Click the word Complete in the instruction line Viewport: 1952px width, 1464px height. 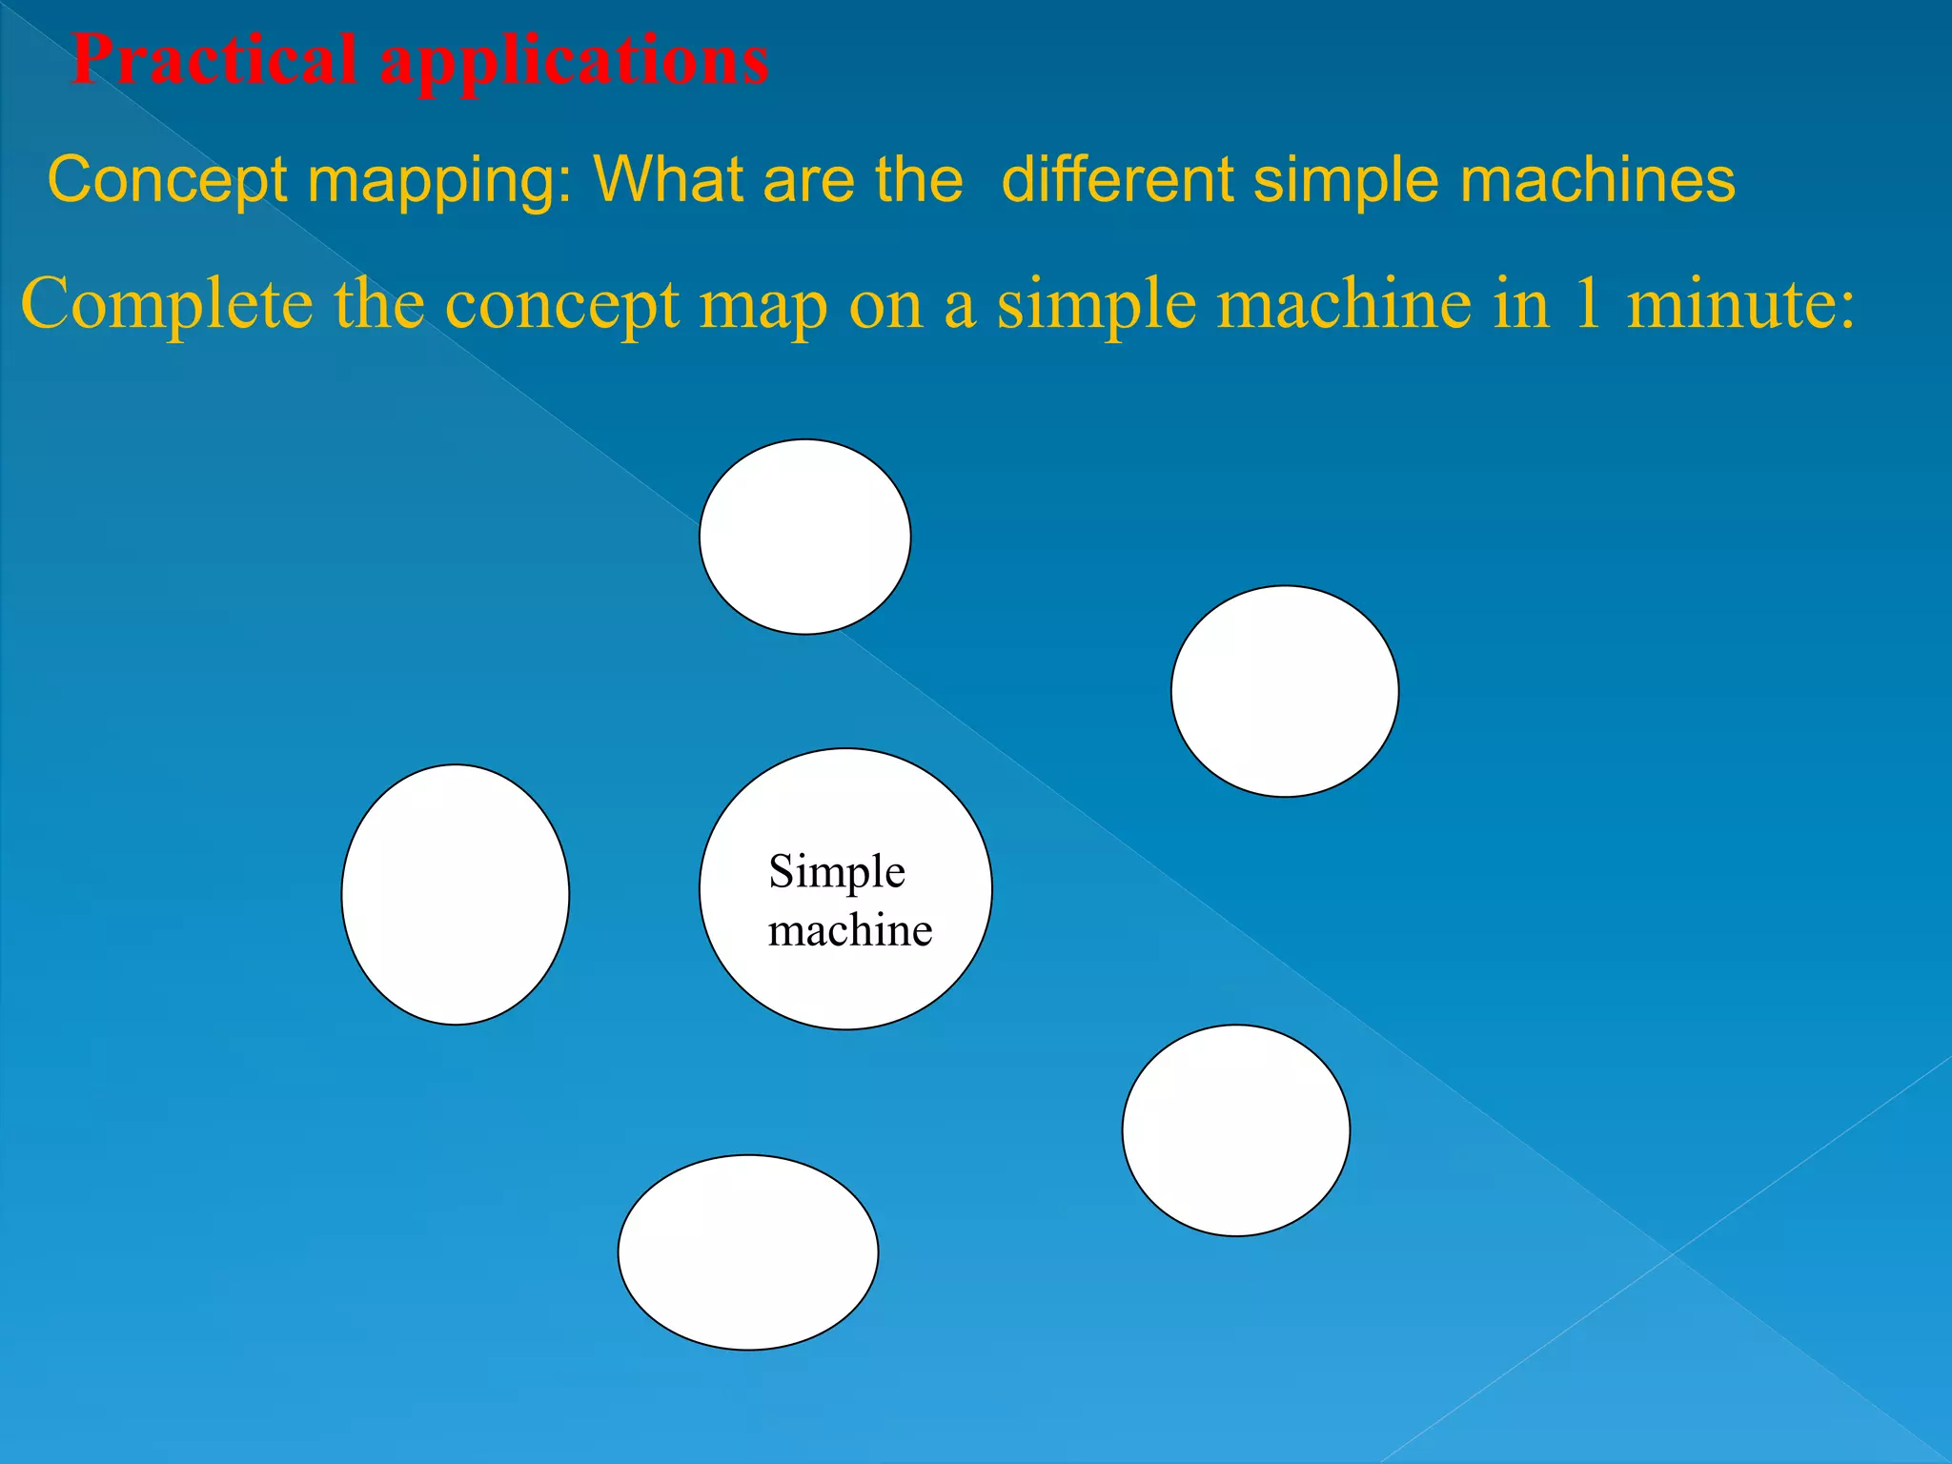[x=167, y=305]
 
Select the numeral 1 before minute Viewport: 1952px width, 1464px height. [x=1587, y=305]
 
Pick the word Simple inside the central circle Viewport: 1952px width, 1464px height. [x=837, y=871]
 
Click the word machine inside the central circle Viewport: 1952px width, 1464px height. [x=850, y=930]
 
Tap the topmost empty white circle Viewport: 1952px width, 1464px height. [x=805, y=537]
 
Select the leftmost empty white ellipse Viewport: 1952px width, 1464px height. [x=456, y=894]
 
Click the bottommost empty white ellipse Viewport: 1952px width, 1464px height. [x=748, y=1252]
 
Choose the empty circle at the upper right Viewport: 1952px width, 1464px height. [x=1285, y=691]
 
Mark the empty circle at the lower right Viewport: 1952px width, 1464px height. [x=1236, y=1130]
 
